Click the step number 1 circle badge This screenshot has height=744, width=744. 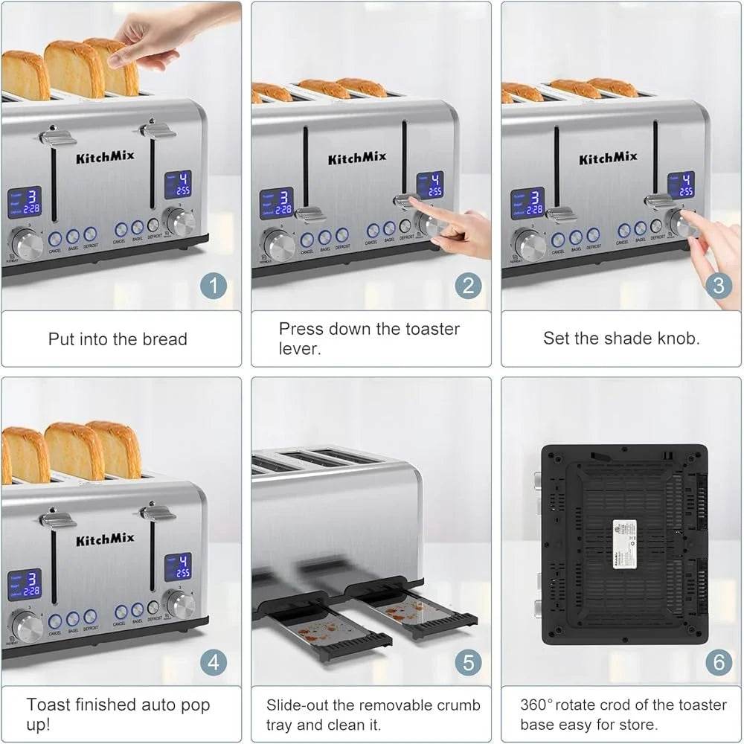point(214,286)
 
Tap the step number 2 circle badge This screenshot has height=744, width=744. point(468,286)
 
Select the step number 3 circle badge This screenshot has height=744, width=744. point(719,286)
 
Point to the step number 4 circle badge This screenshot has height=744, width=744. point(214,662)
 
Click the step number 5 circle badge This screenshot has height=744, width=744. point(468,662)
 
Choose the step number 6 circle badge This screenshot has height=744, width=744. point(719,662)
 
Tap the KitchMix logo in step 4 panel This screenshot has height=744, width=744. point(105,538)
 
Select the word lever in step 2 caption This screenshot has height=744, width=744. point(299,348)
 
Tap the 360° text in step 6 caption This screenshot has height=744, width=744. point(542,705)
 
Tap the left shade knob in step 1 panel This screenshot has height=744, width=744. point(26,242)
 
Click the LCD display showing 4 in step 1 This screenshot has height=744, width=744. point(178,185)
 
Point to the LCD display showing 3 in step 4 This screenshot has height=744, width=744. point(25,584)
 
